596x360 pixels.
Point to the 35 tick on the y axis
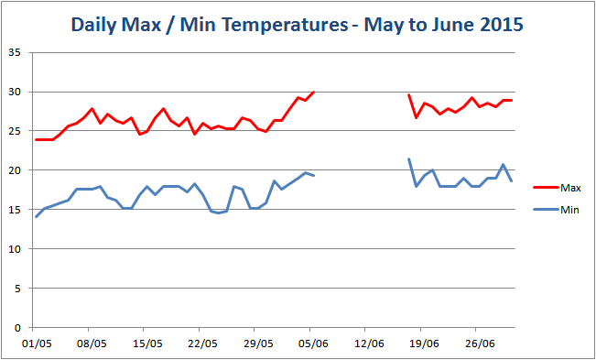pos(14,52)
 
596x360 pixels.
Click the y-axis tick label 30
pos(14,92)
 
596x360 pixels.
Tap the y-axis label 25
pos(14,131)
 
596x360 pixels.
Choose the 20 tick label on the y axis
pos(14,170)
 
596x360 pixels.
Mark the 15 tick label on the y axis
pos(14,210)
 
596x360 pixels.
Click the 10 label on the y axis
pos(14,249)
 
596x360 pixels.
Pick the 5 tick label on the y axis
pos(17,289)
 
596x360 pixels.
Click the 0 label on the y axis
pos(17,328)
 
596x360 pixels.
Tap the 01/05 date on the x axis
pos(34,344)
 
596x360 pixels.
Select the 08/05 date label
pos(89,344)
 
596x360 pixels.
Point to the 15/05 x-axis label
pos(145,344)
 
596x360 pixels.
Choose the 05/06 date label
pos(310,344)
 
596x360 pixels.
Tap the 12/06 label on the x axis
pos(365,344)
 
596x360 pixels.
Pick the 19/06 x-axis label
pos(421,344)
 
